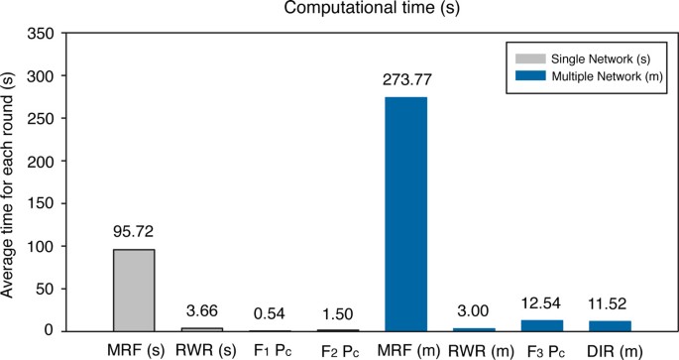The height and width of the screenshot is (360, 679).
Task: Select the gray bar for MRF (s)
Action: [x=134, y=290]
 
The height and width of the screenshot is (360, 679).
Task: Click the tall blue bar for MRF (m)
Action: [x=405, y=214]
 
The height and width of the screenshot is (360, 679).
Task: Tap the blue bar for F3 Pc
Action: [x=541, y=325]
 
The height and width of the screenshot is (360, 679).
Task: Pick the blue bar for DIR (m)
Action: [x=610, y=325]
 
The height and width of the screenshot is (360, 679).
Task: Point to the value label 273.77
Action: [x=405, y=84]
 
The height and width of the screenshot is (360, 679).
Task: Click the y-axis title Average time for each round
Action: [x=10, y=182]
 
